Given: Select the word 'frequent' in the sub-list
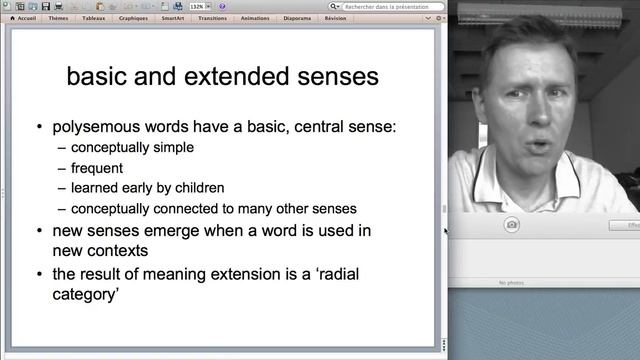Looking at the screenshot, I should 97,167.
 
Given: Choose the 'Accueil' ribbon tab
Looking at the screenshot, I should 25,17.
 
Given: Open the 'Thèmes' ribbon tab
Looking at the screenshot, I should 59,17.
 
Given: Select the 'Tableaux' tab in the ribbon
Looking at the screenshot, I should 93,17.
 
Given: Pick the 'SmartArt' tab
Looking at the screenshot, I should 172,17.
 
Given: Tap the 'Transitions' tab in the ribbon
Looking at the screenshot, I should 212,17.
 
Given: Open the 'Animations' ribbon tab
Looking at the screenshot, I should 254,17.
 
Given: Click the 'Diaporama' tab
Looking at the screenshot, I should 296,17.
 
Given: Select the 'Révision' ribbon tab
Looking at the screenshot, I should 335,17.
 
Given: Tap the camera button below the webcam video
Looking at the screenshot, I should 512,225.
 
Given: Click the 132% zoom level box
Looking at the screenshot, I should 198,6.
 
